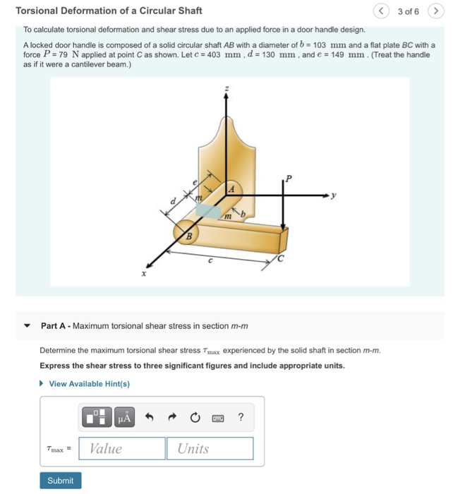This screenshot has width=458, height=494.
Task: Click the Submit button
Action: pyautogui.click(x=60, y=481)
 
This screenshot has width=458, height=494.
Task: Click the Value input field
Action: pyautogui.click(x=121, y=449)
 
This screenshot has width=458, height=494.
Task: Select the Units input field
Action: pyautogui.click(x=210, y=449)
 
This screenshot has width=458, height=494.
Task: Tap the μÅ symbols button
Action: pyautogui.click(x=124, y=417)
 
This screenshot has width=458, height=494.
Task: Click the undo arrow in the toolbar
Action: pyautogui.click(x=149, y=417)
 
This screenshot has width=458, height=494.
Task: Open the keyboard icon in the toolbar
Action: pyautogui.click(x=217, y=417)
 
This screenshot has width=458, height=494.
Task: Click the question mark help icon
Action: pyautogui.click(x=241, y=417)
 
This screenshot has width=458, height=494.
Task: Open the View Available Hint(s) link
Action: pyautogui.click(x=89, y=384)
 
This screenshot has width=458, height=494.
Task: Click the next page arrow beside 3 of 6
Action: pyautogui.click(x=437, y=11)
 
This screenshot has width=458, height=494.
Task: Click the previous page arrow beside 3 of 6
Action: pyautogui.click(x=381, y=11)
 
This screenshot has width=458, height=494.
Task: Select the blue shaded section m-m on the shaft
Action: pyautogui.click(x=207, y=210)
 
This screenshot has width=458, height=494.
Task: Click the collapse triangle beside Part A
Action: pyautogui.click(x=28, y=326)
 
